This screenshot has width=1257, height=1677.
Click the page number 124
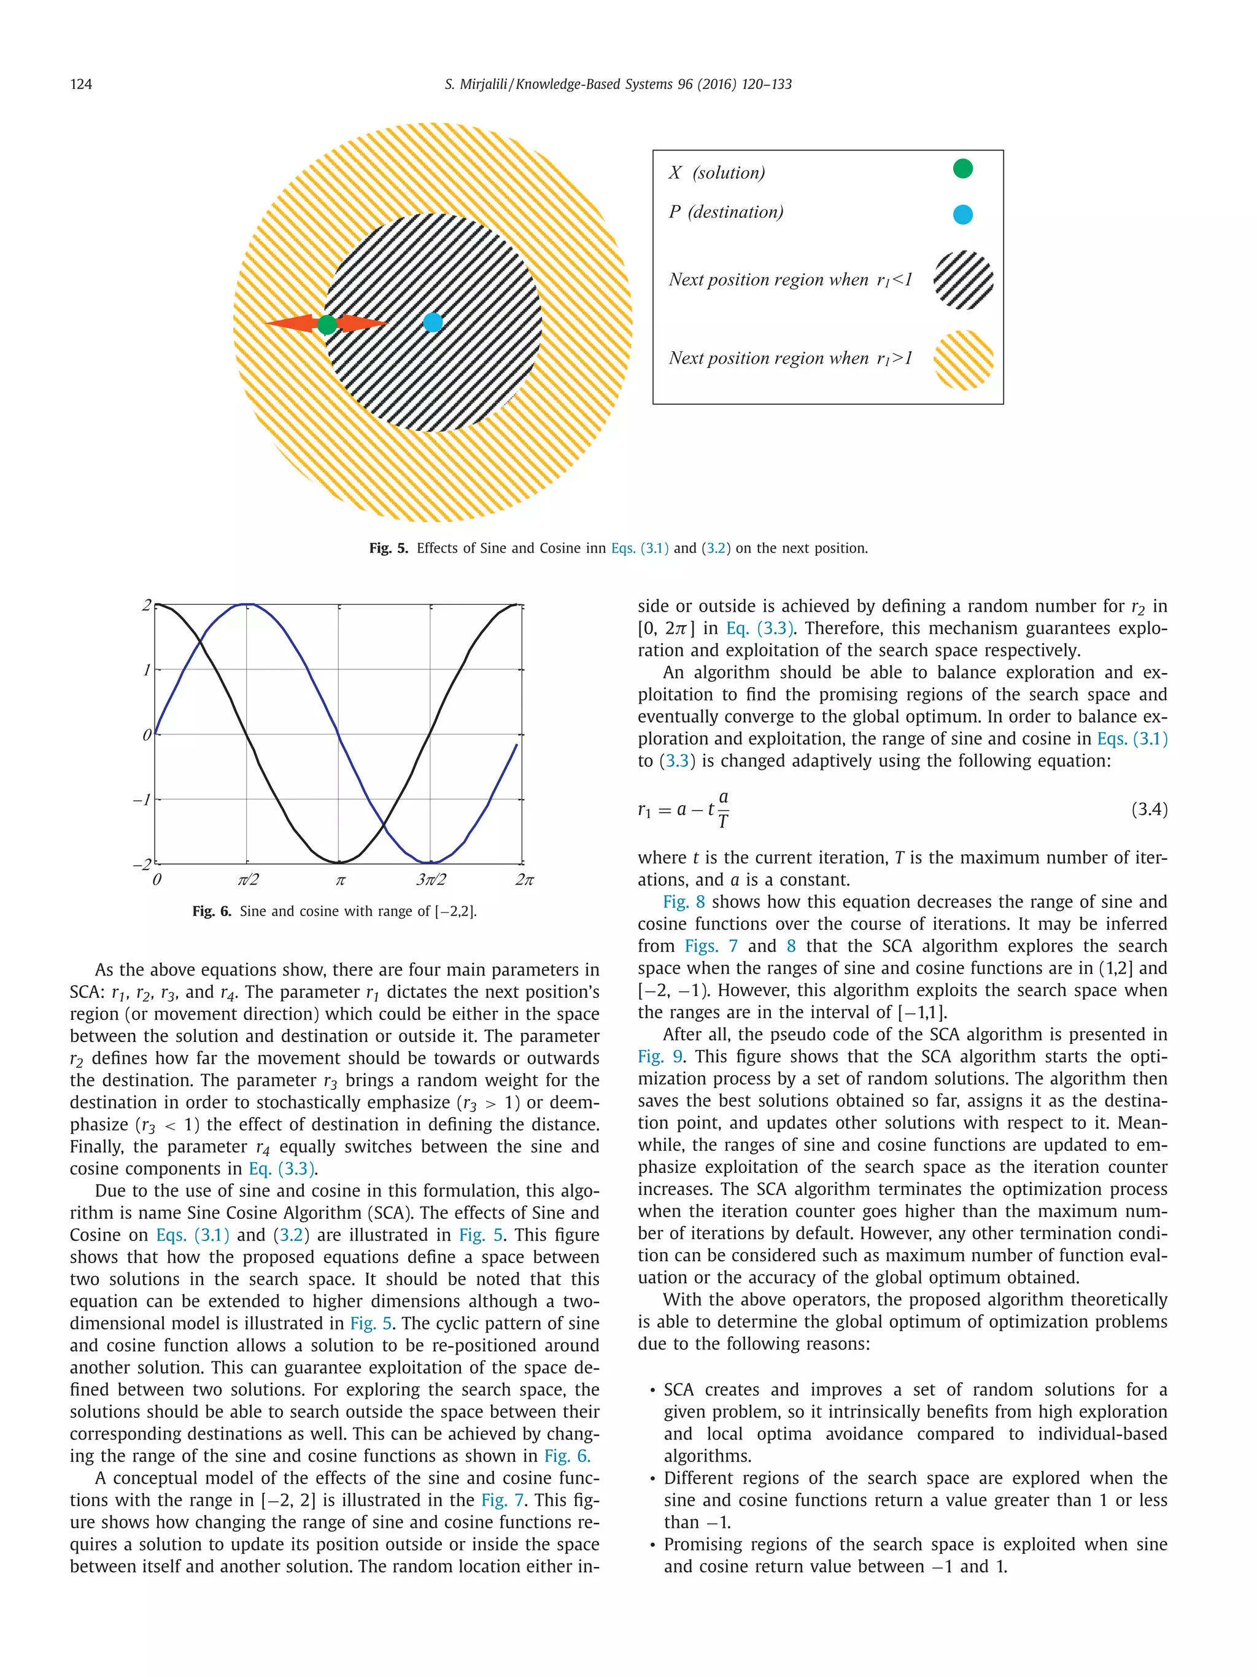point(81,84)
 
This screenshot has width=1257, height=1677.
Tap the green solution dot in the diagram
point(327,325)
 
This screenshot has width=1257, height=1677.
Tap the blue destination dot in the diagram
point(433,322)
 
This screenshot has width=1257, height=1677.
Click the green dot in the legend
point(962,168)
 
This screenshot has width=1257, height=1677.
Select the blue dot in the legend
point(962,214)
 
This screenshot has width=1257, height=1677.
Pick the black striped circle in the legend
point(963,280)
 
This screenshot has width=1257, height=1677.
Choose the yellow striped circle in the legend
point(963,359)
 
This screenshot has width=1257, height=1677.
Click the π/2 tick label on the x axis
point(247,880)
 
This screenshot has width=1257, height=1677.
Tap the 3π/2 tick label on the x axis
point(430,880)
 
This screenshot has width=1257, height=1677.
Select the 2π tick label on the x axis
point(524,880)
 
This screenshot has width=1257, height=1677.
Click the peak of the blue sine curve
point(246,604)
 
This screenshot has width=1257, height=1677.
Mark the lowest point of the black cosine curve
point(339,863)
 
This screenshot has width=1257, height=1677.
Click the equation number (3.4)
point(1148,810)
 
